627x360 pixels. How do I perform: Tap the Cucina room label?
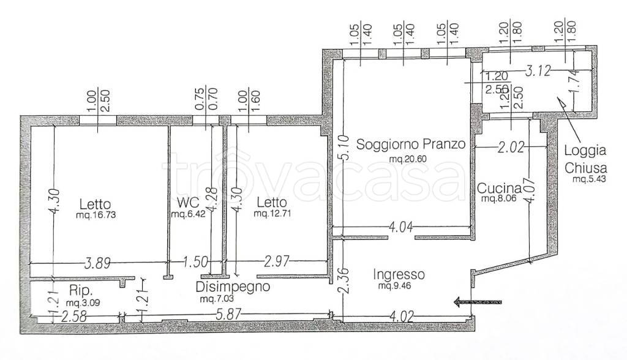tap(499, 189)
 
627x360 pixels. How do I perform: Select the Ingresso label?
tap(398, 275)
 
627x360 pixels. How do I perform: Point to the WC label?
tap(186, 202)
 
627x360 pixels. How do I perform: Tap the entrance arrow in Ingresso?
tap(478, 301)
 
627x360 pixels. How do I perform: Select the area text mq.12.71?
tap(272, 214)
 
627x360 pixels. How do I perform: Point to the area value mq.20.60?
tap(408, 159)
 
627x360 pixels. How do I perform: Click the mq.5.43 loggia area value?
tap(588, 179)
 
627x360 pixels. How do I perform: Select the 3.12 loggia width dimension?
tap(539, 71)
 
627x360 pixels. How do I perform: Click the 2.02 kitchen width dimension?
tap(510, 146)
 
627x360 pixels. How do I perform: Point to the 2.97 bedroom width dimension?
tap(276, 263)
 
